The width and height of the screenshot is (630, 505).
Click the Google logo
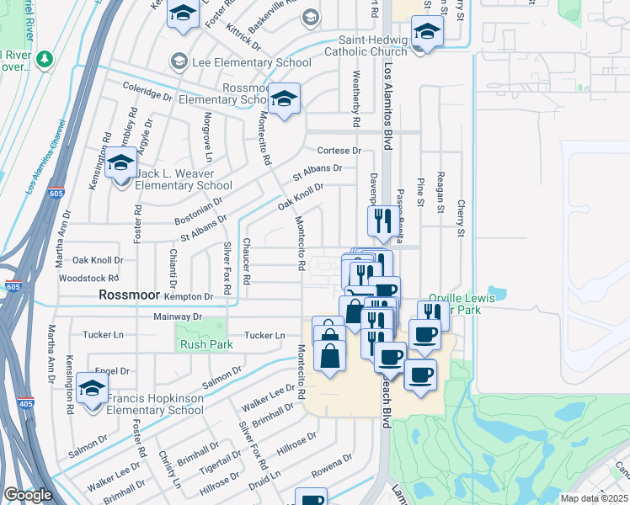[28, 495]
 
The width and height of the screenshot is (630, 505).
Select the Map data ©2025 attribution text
[594, 498]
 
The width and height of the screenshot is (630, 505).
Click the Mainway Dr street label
[178, 316]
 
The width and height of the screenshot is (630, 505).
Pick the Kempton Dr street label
[190, 297]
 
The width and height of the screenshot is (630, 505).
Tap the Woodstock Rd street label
[95, 278]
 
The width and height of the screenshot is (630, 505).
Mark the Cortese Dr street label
[339, 151]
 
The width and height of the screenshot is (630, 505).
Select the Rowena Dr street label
[332, 465]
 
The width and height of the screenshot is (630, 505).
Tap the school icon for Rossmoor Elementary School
[285, 101]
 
